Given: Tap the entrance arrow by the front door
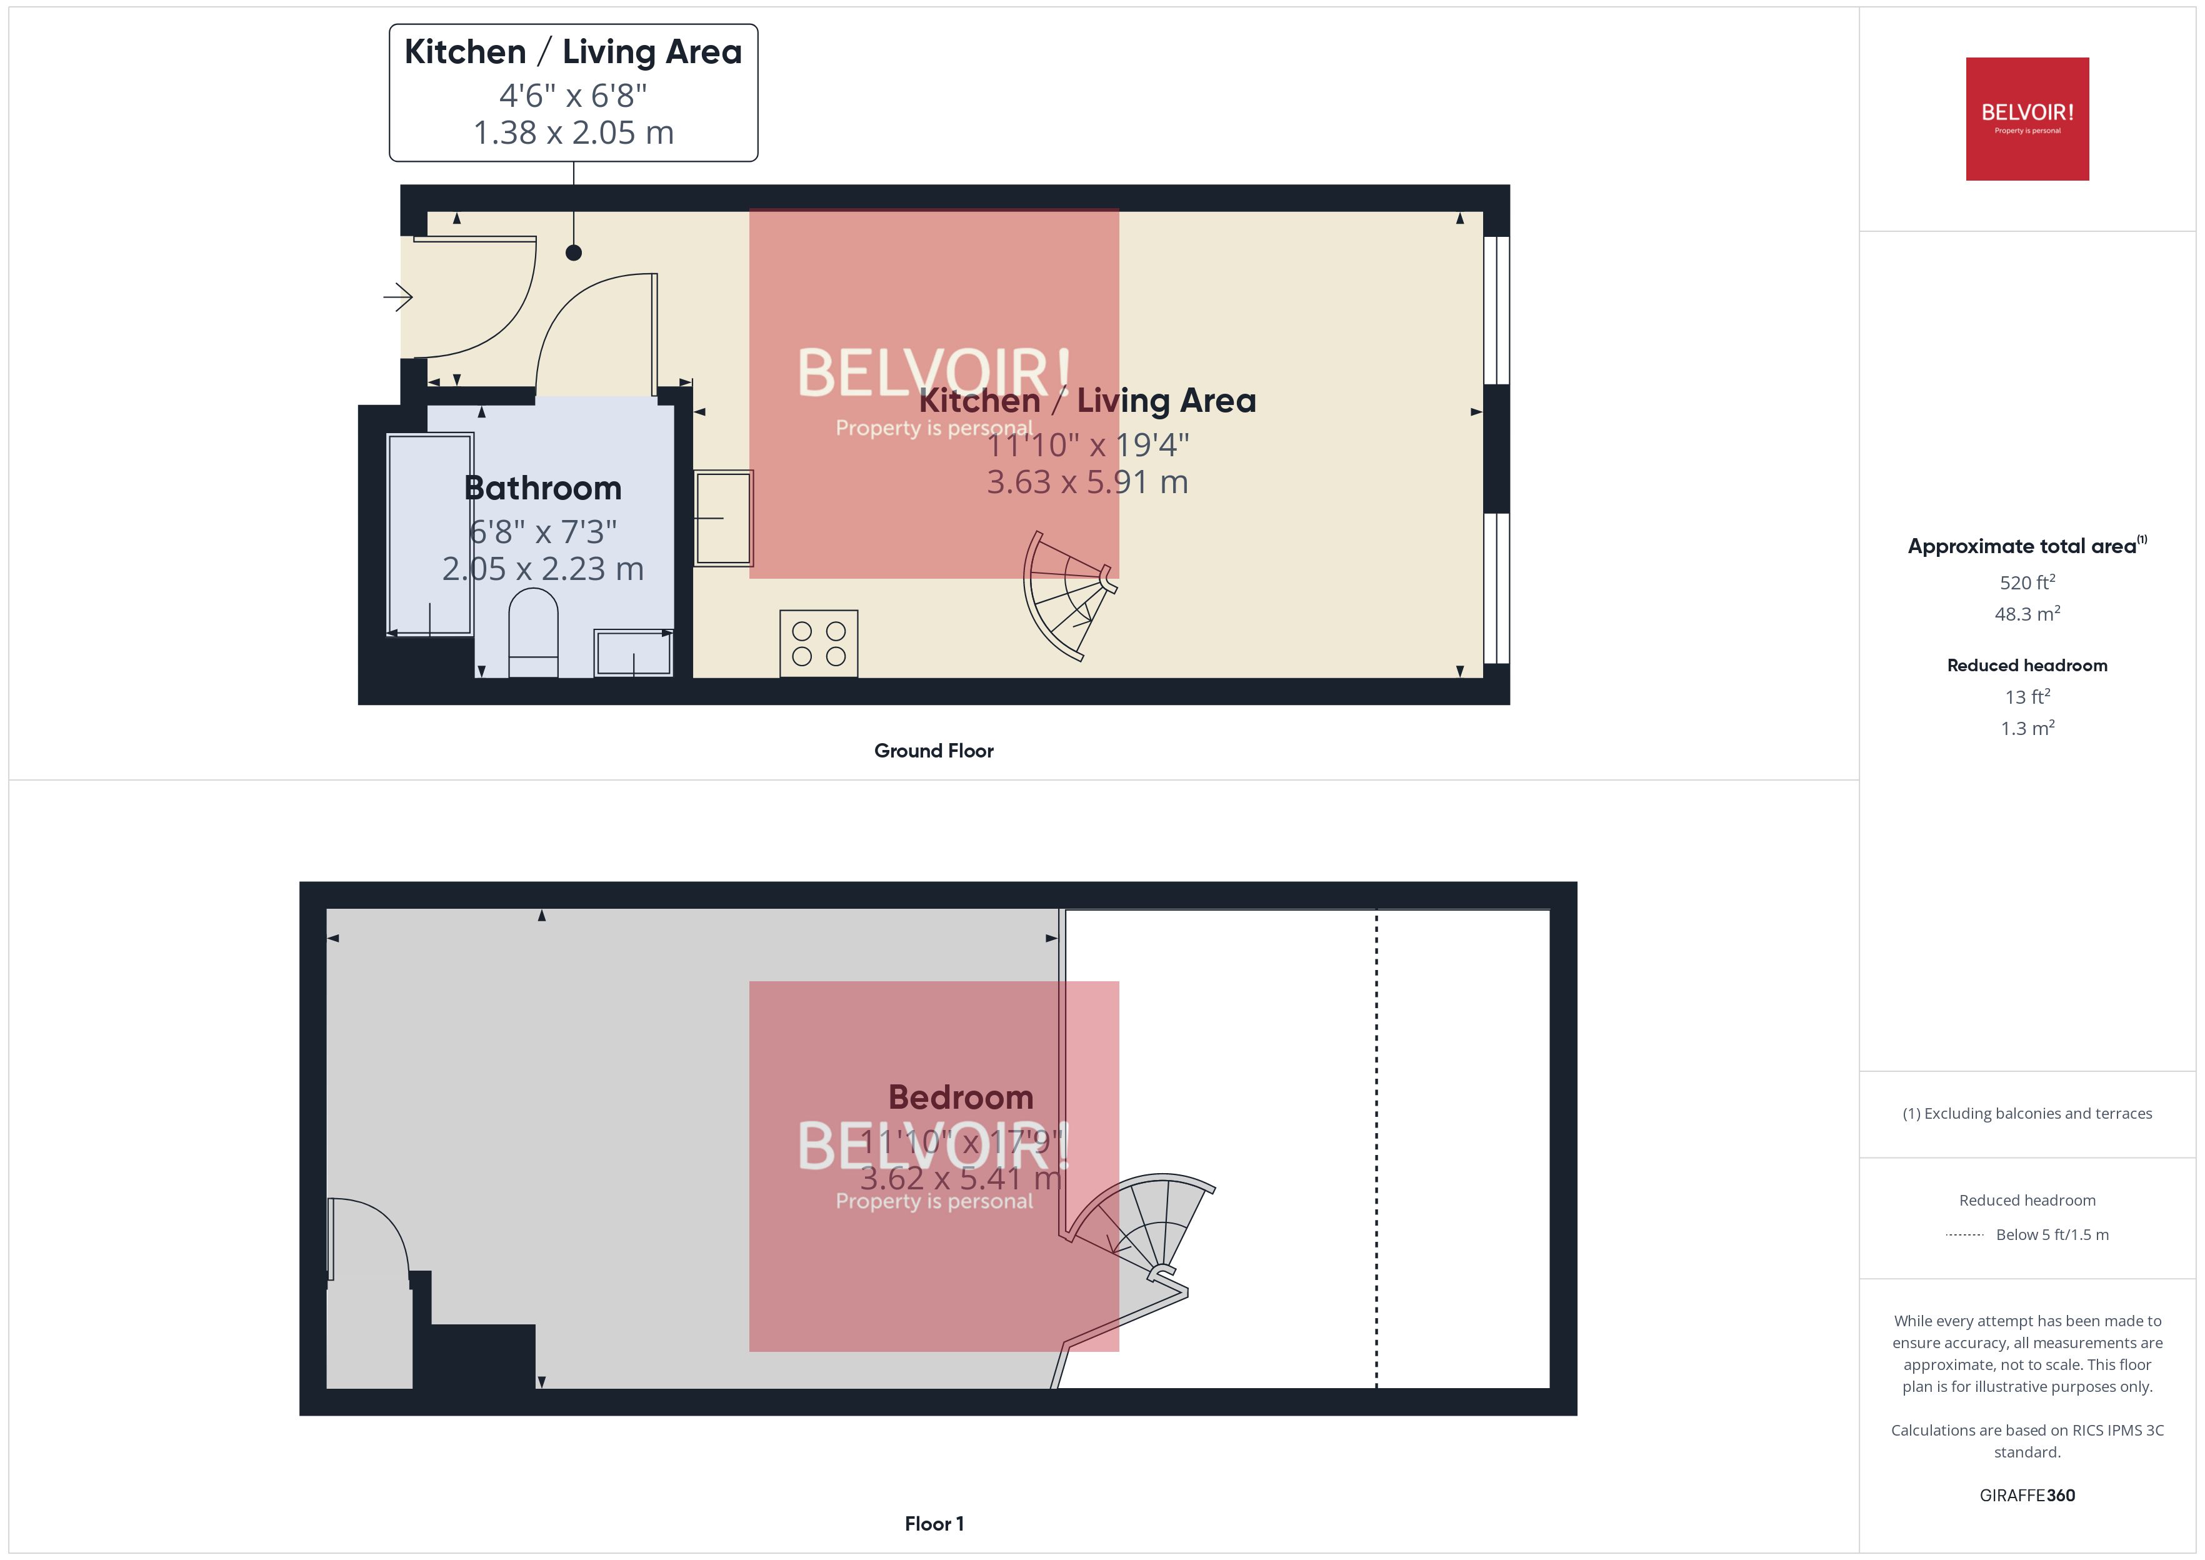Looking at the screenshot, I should point(397,297).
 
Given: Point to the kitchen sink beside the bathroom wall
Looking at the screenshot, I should point(723,517).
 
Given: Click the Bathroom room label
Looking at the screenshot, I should point(542,488).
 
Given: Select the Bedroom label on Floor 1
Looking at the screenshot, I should point(961,1096).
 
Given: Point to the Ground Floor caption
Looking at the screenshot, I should point(934,750).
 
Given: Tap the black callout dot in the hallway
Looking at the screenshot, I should point(573,252).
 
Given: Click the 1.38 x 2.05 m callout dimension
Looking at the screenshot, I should point(573,132).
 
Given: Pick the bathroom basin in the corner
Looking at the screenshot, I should point(633,653).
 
